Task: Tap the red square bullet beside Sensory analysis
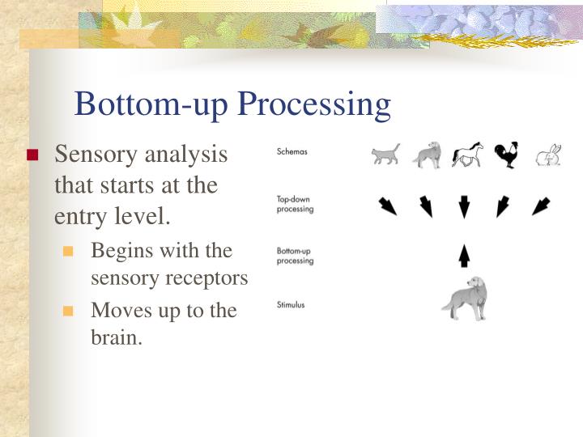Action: click(x=32, y=155)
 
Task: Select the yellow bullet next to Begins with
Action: click(x=69, y=252)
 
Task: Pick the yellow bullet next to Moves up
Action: click(x=69, y=312)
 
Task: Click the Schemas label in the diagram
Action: click(x=292, y=151)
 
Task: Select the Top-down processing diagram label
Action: click(x=295, y=204)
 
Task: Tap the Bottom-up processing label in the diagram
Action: click(x=296, y=256)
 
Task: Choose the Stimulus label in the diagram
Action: click(x=291, y=305)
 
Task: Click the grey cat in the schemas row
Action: click(x=386, y=155)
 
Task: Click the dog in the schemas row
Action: click(x=427, y=155)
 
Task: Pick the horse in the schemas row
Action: click(x=466, y=155)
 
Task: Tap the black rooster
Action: click(x=507, y=154)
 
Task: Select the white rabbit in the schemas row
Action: click(x=548, y=155)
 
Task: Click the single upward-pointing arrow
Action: click(x=464, y=257)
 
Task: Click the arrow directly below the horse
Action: click(x=464, y=207)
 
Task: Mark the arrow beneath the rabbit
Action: click(x=540, y=206)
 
